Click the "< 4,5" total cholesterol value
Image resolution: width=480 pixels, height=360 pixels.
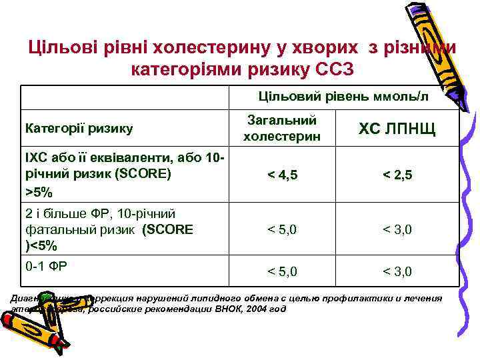pos(282,175)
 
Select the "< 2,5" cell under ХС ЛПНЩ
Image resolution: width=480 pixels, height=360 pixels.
pos(397,175)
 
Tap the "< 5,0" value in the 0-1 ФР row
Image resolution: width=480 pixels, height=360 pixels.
pos(282,272)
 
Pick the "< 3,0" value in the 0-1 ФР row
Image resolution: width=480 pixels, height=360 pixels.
pos(397,272)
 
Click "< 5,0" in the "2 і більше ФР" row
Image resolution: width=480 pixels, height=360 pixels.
pos(282,230)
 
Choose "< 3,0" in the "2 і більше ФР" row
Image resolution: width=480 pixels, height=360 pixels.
pos(397,230)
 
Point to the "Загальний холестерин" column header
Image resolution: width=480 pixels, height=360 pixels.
pos(282,128)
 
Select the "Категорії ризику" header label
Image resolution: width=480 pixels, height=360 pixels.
pos(78,127)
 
